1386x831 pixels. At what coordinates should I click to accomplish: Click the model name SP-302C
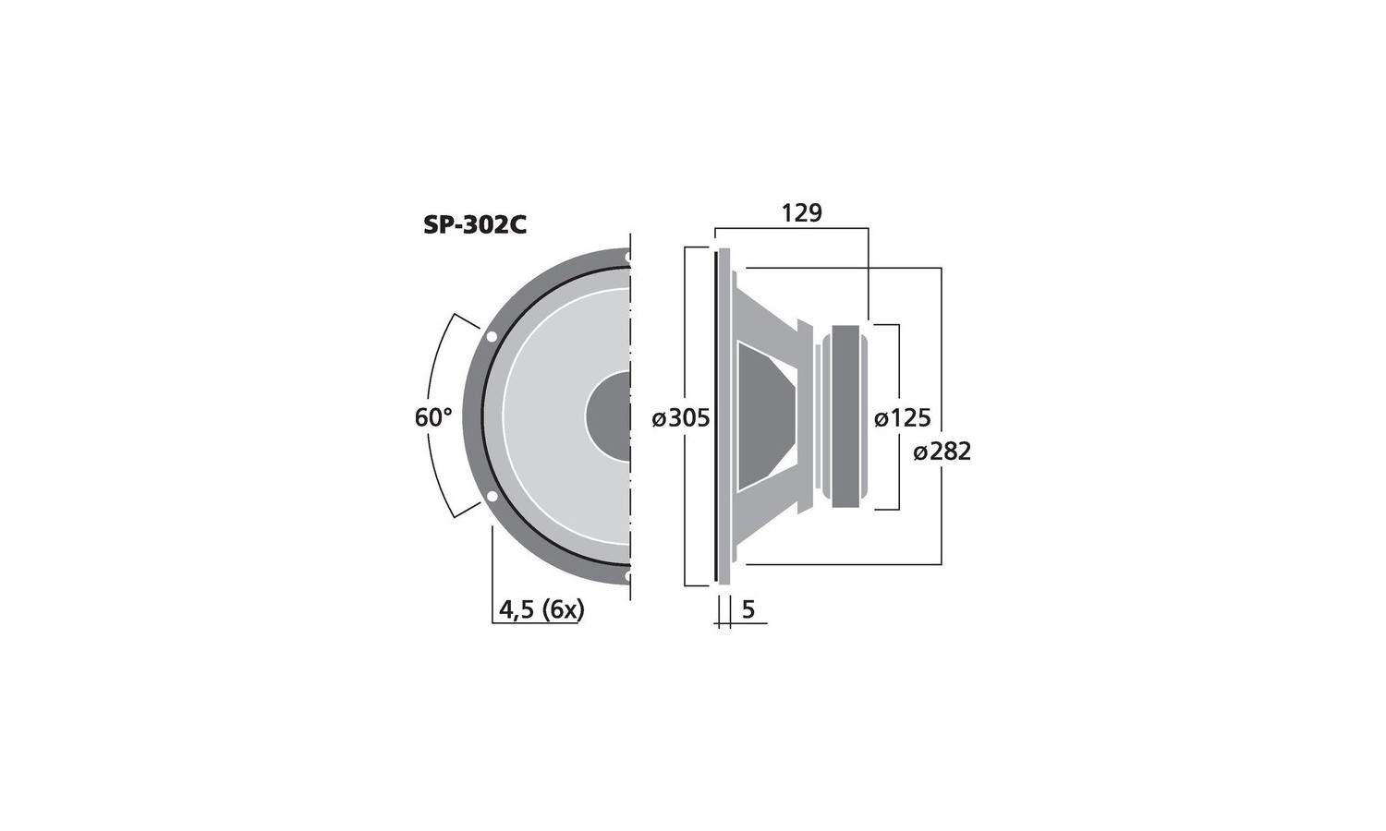[475, 225]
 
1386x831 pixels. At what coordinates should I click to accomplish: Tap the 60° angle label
[433, 417]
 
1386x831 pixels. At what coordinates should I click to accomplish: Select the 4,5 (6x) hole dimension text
[541, 610]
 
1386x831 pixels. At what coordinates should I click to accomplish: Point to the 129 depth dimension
[802, 212]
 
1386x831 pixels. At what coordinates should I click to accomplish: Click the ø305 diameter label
[681, 418]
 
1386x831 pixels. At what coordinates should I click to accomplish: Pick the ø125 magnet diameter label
[902, 418]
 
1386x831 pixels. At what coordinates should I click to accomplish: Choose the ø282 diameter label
[942, 452]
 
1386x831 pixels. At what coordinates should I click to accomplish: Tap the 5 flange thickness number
[748, 610]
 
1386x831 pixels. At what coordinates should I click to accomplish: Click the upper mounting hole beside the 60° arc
[492, 337]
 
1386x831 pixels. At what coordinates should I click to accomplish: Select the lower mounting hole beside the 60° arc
[492, 497]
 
